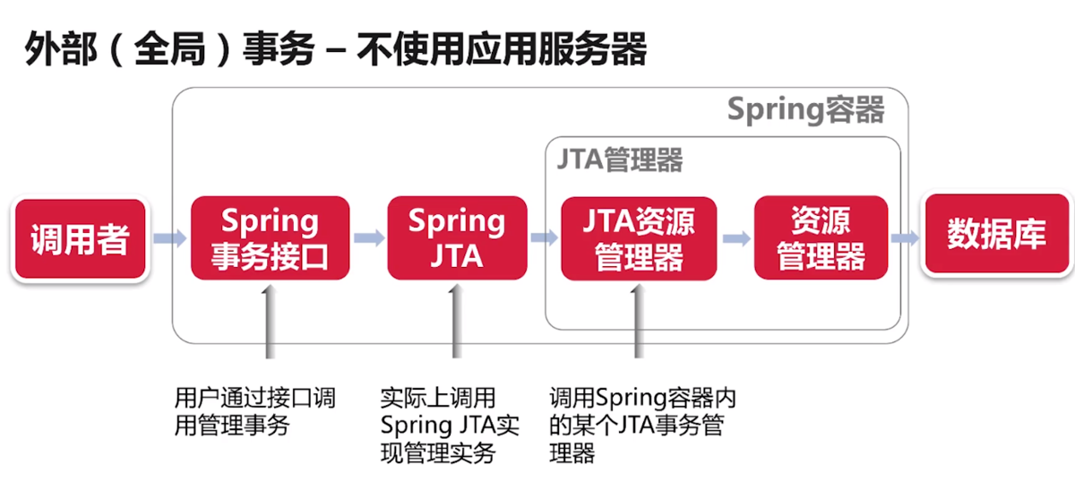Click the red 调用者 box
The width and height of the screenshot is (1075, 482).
80,239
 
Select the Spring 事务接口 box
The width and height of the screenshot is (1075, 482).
270,238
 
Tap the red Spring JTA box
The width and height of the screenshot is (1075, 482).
457,238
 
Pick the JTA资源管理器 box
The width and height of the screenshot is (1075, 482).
639,238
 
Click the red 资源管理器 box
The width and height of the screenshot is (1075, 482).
821,238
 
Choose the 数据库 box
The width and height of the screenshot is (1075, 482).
996,235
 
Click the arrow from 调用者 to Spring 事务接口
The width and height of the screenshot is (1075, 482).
169,239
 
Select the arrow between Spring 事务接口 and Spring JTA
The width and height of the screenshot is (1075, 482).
368,239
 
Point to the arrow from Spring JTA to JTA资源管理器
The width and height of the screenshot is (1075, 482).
543,238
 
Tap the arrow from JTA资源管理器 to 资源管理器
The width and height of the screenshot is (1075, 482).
735,238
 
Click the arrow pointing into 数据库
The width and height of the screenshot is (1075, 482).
905,238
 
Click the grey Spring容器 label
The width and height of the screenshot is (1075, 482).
805,110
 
